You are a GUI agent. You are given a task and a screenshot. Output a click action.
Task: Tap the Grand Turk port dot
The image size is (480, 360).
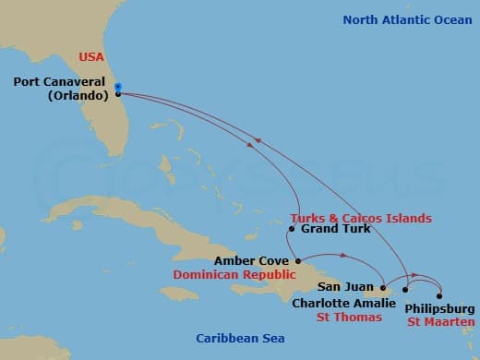coord(292,229)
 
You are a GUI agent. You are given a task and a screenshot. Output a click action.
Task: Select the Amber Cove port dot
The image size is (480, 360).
coord(298,260)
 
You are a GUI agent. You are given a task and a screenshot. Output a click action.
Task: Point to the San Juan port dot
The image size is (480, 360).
coord(380,289)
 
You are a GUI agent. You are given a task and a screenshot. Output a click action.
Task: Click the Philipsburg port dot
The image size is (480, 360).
coord(439,296)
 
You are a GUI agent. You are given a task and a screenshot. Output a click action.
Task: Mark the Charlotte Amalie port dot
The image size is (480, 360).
coord(404,290)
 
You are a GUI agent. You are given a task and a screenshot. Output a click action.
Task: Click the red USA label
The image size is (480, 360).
coord(91,57)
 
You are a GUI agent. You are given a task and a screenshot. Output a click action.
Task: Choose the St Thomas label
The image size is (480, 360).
coord(349,317)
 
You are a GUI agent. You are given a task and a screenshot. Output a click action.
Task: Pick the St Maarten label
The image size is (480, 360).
coord(441,321)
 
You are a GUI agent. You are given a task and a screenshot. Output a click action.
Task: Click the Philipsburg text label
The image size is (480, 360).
coord(440,308)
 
